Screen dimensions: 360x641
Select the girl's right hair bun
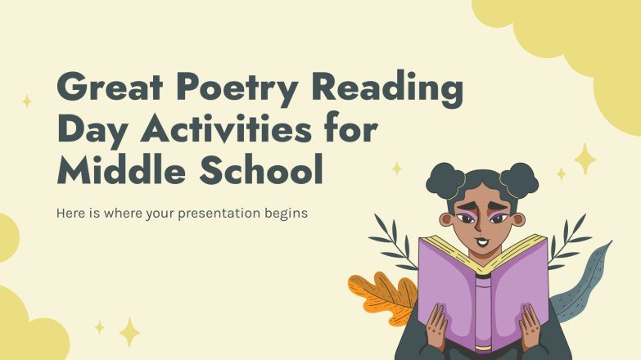(x=521, y=178)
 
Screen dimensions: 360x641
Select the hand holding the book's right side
(x=531, y=327)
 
